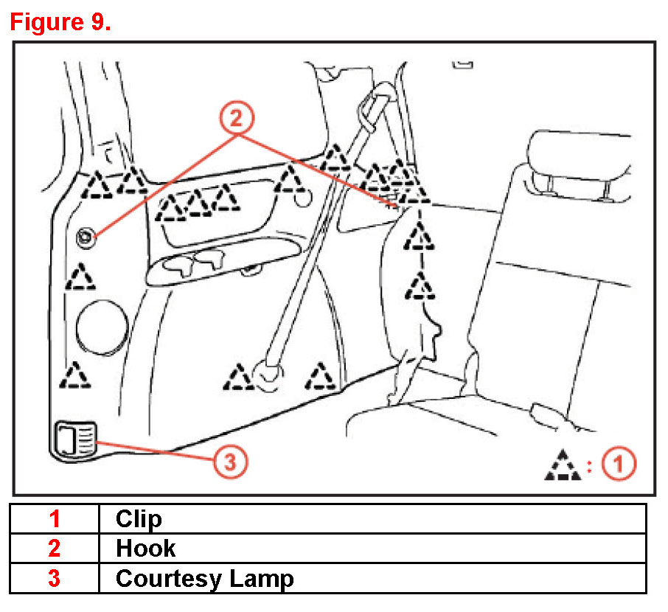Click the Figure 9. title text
[x=60, y=21]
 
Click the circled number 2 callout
[x=236, y=118]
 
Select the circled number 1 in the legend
[x=619, y=465]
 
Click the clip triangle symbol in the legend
[x=564, y=465]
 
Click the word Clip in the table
[x=139, y=519]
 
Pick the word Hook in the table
[x=145, y=549]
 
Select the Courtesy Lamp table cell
[x=204, y=579]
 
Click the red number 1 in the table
[x=55, y=519]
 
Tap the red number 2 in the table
[x=55, y=549]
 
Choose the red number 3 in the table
[x=55, y=579]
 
